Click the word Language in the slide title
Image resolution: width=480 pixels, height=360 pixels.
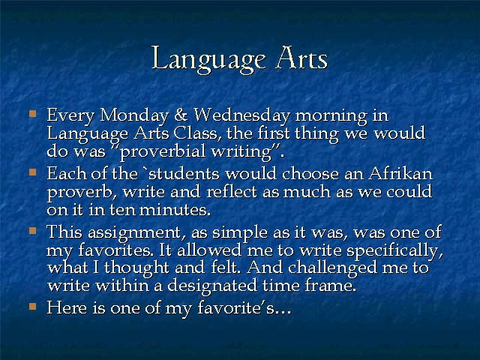tap(208, 60)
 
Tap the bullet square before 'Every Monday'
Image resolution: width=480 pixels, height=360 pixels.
tap(33, 114)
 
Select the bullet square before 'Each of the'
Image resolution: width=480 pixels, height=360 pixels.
tap(33, 172)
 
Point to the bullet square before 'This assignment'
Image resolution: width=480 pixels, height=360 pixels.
tap(33, 230)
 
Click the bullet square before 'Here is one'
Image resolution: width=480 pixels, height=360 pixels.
tap(33, 306)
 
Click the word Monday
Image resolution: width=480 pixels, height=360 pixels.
tap(134, 116)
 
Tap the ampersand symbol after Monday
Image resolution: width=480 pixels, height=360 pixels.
tap(181, 115)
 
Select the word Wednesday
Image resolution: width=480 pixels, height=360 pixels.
tap(241, 116)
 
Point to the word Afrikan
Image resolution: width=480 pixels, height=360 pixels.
tap(400, 173)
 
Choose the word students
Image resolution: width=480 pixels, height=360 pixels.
tap(184, 173)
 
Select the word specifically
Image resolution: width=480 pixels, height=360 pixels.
tap(395, 251)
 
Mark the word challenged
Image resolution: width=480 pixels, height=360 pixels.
tap(332, 268)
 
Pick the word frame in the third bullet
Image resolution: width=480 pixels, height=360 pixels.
tap(331, 286)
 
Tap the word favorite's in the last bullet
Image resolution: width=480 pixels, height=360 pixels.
tap(244, 307)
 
